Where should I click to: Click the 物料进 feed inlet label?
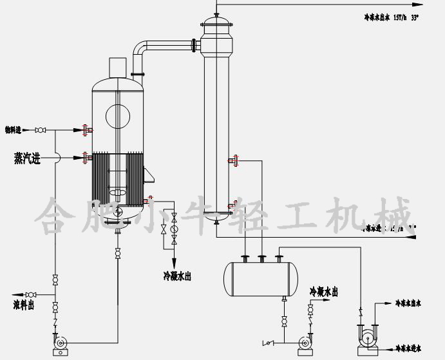[14, 130]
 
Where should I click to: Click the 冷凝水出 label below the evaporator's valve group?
[176, 276]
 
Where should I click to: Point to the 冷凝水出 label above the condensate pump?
[323, 292]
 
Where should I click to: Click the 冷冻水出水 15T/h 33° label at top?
[391, 18]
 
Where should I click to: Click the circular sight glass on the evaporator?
[117, 117]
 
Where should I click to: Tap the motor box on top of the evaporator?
[117, 67]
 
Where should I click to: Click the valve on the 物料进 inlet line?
[41, 130]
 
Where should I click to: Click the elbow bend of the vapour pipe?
[139, 48]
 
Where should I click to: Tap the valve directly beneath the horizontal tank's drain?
[284, 319]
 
